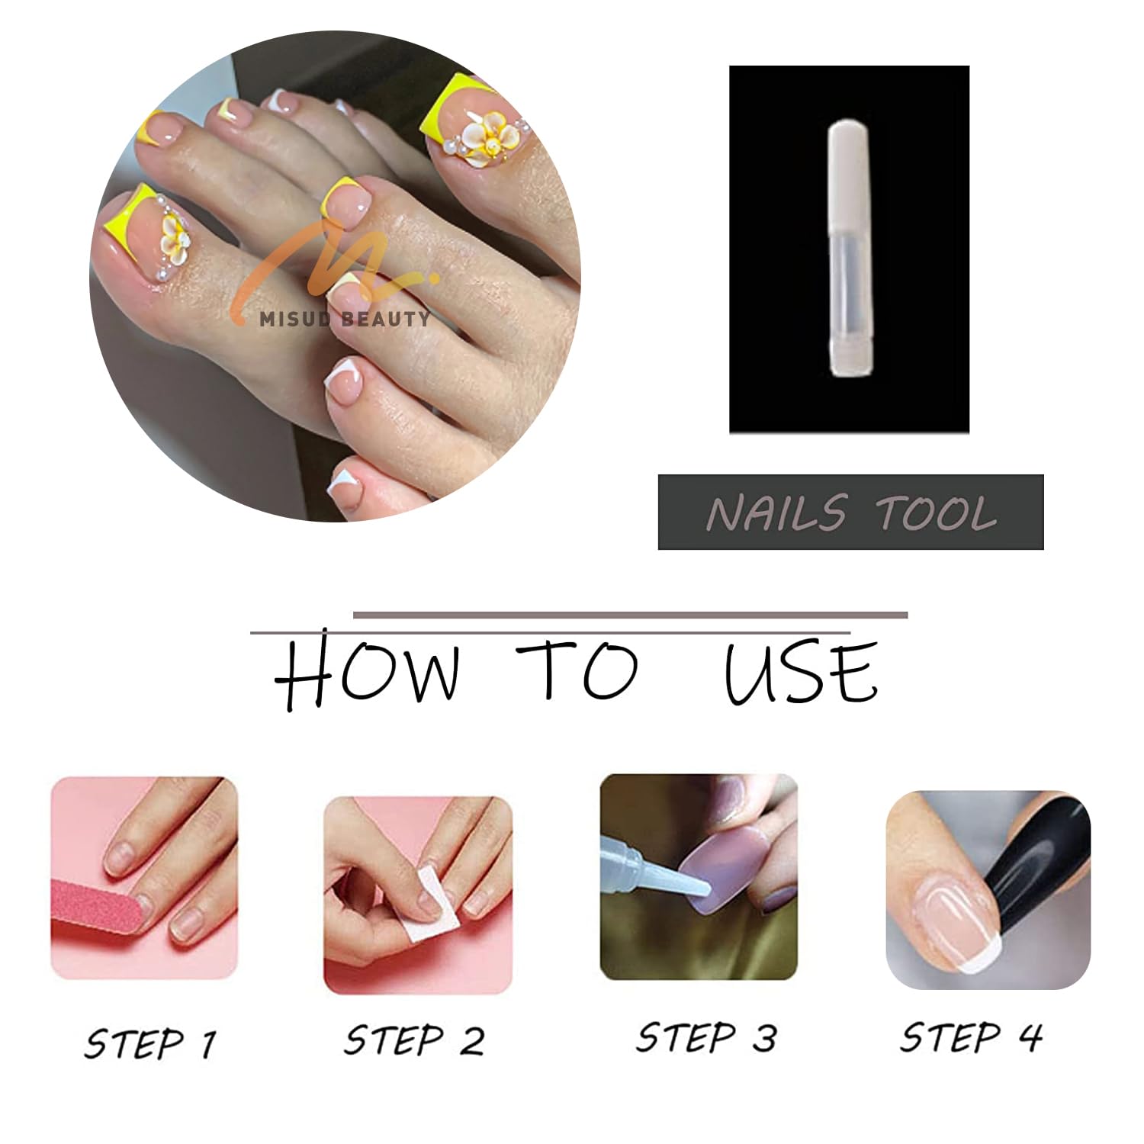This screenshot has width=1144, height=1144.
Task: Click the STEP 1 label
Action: tap(150, 1043)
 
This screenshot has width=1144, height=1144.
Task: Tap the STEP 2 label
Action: tap(414, 1040)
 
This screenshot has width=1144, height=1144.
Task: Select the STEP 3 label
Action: tap(706, 1037)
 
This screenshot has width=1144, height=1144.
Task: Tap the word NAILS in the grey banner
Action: tap(776, 513)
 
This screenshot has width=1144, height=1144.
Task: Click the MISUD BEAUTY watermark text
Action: tap(345, 319)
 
